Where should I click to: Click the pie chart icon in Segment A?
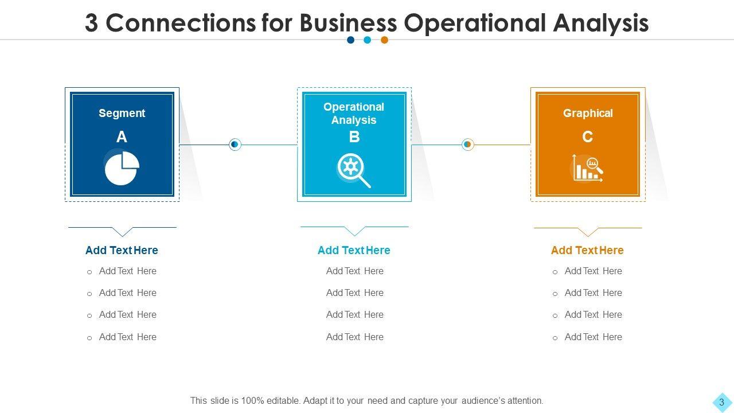click(122, 167)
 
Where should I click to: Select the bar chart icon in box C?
click(587, 169)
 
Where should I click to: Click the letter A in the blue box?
click(122, 137)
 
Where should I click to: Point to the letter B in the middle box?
click(354, 137)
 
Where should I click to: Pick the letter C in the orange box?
click(587, 137)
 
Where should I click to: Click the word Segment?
click(122, 113)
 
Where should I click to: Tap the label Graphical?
click(588, 113)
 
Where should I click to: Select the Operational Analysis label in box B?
click(354, 114)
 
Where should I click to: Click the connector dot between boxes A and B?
click(235, 145)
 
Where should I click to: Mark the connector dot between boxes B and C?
click(467, 145)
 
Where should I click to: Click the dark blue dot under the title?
click(351, 40)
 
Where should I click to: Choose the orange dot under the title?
click(385, 40)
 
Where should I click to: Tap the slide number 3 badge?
click(721, 402)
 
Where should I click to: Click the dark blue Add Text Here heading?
click(122, 250)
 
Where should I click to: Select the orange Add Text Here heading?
click(587, 250)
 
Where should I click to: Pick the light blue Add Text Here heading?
click(354, 250)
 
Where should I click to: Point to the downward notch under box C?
click(587, 232)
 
